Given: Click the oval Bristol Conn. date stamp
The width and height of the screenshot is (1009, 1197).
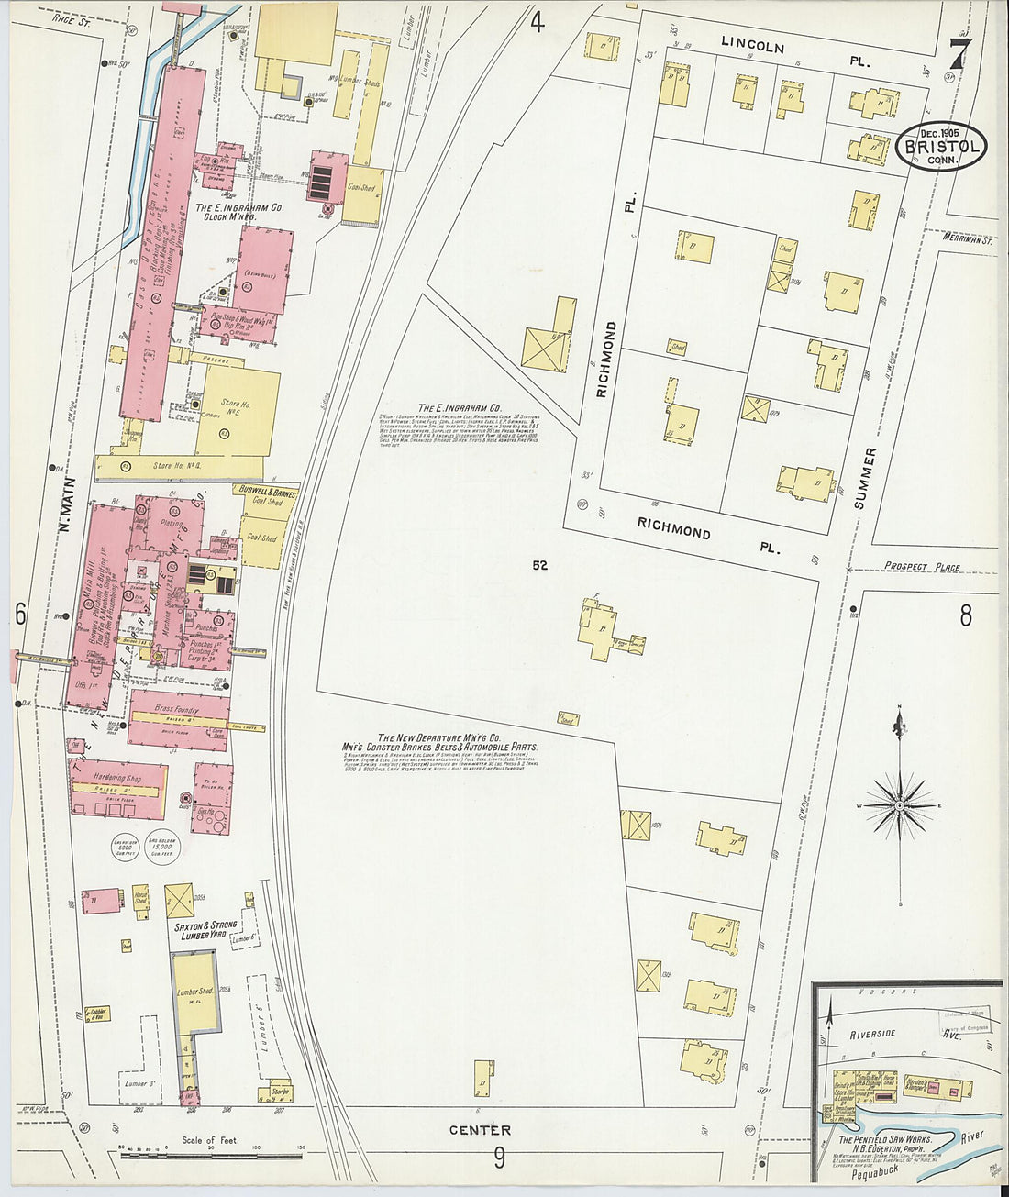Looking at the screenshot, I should [942, 146].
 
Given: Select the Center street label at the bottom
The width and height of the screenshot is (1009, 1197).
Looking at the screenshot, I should [481, 1129].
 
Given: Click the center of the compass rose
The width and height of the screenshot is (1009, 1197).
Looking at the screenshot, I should [900, 804].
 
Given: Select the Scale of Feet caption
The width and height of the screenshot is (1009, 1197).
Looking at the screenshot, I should [210, 1140].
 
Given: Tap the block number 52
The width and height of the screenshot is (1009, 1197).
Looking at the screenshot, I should [539, 566].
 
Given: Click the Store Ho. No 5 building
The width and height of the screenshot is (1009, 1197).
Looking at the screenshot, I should [237, 412].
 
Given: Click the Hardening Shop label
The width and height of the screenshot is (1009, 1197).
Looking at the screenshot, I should [116, 776].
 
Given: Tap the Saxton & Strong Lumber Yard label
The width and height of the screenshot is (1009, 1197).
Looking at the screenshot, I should [205, 932].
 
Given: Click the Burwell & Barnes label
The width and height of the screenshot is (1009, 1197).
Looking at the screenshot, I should [266, 492].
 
